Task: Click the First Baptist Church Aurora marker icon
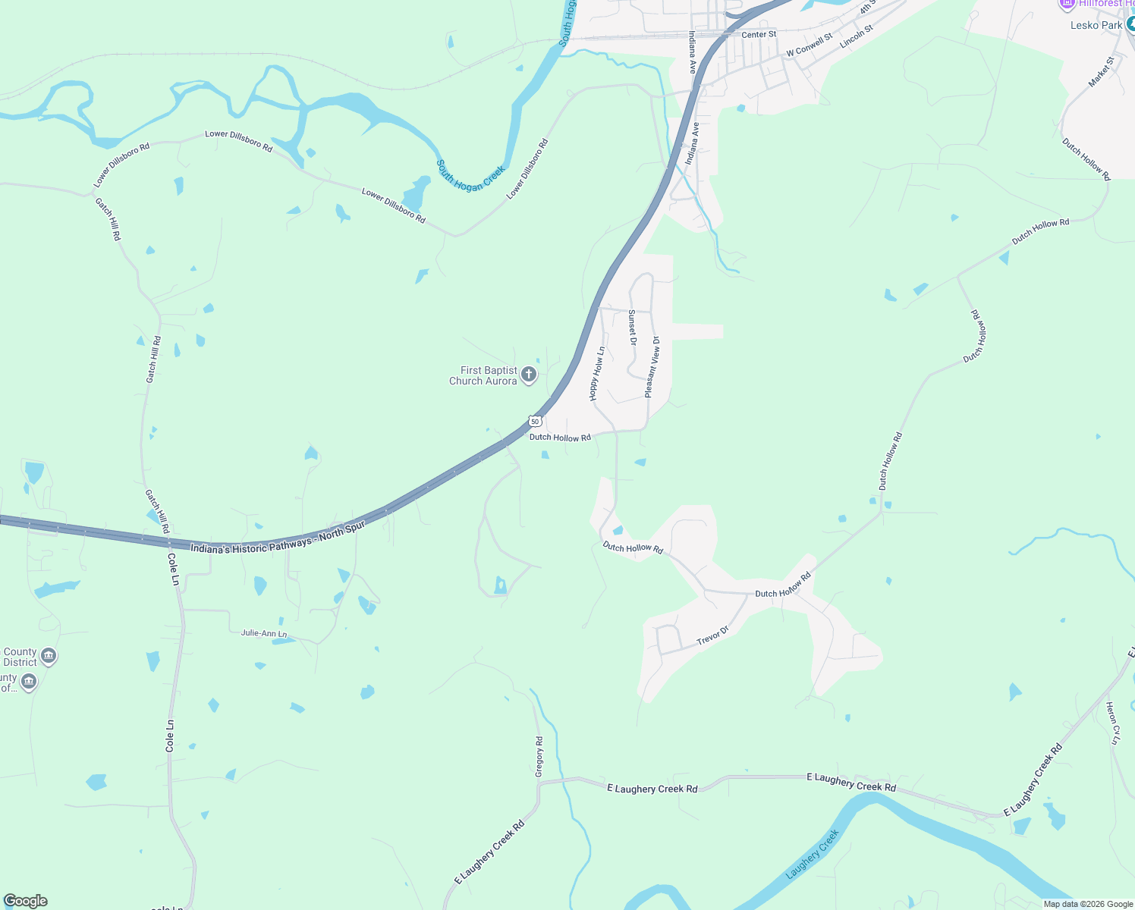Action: pyautogui.click(x=529, y=375)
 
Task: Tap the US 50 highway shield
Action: pyautogui.click(x=536, y=421)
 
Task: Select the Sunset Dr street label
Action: pyautogui.click(x=632, y=327)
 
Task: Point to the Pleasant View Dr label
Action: pyautogui.click(x=652, y=367)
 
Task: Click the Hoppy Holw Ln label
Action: pyautogui.click(x=597, y=374)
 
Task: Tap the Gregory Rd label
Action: pyautogui.click(x=539, y=756)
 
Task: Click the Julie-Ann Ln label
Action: pyautogui.click(x=264, y=633)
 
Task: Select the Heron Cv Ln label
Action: pyautogui.click(x=1112, y=723)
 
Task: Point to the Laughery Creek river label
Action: pyautogui.click(x=813, y=854)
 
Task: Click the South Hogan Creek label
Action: pyautogui.click(x=470, y=176)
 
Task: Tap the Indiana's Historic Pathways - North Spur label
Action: pyautogui.click(x=278, y=538)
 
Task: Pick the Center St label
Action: pyautogui.click(x=759, y=35)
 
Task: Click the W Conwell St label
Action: pyautogui.click(x=810, y=45)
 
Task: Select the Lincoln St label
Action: pyautogui.click(x=857, y=36)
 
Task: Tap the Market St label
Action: pyautogui.click(x=1102, y=71)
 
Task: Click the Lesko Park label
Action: pyautogui.click(x=1096, y=25)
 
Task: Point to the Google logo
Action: pyautogui.click(x=26, y=901)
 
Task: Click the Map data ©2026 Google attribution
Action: pyautogui.click(x=1088, y=904)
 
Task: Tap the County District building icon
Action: pyautogui.click(x=49, y=656)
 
